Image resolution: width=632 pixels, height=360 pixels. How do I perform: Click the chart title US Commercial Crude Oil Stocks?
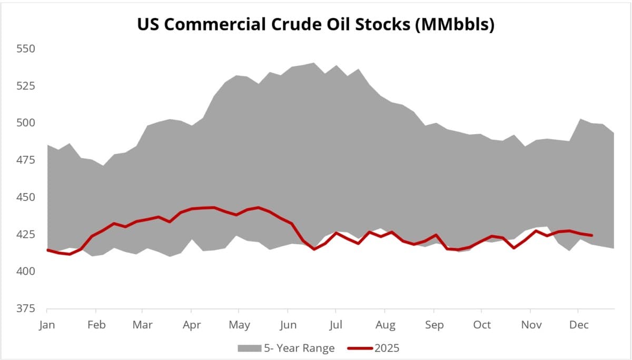(x=315, y=25)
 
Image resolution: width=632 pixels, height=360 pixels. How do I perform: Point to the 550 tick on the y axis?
(x=26, y=48)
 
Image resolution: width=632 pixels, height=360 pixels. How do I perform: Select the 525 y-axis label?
(x=26, y=85)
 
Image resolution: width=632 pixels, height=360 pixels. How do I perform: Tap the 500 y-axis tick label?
(x=26, y=123)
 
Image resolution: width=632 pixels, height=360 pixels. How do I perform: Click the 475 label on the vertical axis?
(x=26, y=159)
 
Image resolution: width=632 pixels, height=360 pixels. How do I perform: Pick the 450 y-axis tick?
(x=26, y=197)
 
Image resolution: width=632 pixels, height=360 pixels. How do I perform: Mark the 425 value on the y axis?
(x=26, y=234)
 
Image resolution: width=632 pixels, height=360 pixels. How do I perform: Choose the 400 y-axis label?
(x=26, y=271)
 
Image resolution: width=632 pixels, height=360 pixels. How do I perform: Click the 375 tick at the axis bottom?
(x=26, y=308)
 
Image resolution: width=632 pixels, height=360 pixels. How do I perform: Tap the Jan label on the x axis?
(x=47, y=325)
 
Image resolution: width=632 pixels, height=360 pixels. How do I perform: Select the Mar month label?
(x=142, y=325)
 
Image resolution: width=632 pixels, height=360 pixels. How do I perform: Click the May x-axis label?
(x=240, y=325)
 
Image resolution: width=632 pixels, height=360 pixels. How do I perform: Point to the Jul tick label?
(x=335, y=325)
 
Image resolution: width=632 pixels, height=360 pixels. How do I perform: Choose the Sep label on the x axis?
(x=434, y=325)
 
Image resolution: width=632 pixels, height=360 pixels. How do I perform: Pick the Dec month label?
(x=579, y=325)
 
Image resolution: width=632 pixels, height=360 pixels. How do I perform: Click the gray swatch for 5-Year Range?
(x=249, y=348)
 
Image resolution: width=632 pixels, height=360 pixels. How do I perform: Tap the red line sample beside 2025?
(x=360, y=348)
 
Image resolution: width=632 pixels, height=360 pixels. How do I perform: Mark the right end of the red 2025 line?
(x=592, y=235)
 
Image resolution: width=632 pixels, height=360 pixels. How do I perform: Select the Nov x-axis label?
(x=531, y=325)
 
